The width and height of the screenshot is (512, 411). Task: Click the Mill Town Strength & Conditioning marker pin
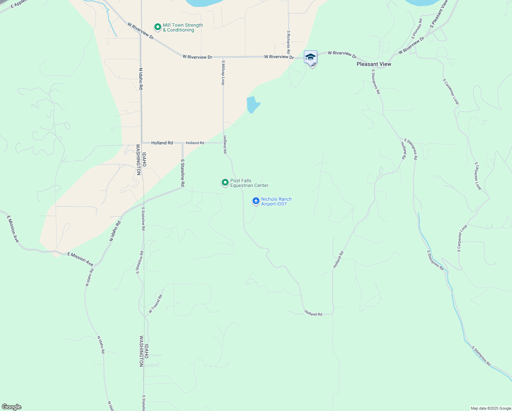(x=157, y=27)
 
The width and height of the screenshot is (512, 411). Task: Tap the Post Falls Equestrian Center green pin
(x=225, y=183)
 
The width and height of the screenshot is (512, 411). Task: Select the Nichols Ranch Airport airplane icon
(x=256, y=201)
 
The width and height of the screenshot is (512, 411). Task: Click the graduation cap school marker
(x=310, y=57)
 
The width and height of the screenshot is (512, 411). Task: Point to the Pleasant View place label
(x=374, y=64)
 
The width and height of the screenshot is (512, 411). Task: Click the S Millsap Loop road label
(x=223, y=73)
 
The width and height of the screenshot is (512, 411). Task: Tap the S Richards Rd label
(x=289, y=42)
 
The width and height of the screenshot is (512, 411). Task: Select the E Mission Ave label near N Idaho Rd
(x=80, y=259)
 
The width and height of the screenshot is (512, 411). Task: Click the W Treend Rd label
(x=155, y=303)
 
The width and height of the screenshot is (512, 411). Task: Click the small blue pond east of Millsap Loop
(x=253, y=104)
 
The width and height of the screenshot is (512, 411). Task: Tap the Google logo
(x=12, y=407)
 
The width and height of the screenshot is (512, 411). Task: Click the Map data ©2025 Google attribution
(x=491, y=408)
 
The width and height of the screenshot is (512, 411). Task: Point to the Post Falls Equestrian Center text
(x=249, y=183)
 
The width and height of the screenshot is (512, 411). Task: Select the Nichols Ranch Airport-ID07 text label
(x=276, y=201)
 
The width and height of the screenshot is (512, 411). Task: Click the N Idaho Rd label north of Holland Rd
(x=141, y=79)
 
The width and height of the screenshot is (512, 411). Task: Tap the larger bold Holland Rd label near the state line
(x=162, y=143)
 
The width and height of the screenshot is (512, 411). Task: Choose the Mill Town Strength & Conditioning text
(x=183, y=27)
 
